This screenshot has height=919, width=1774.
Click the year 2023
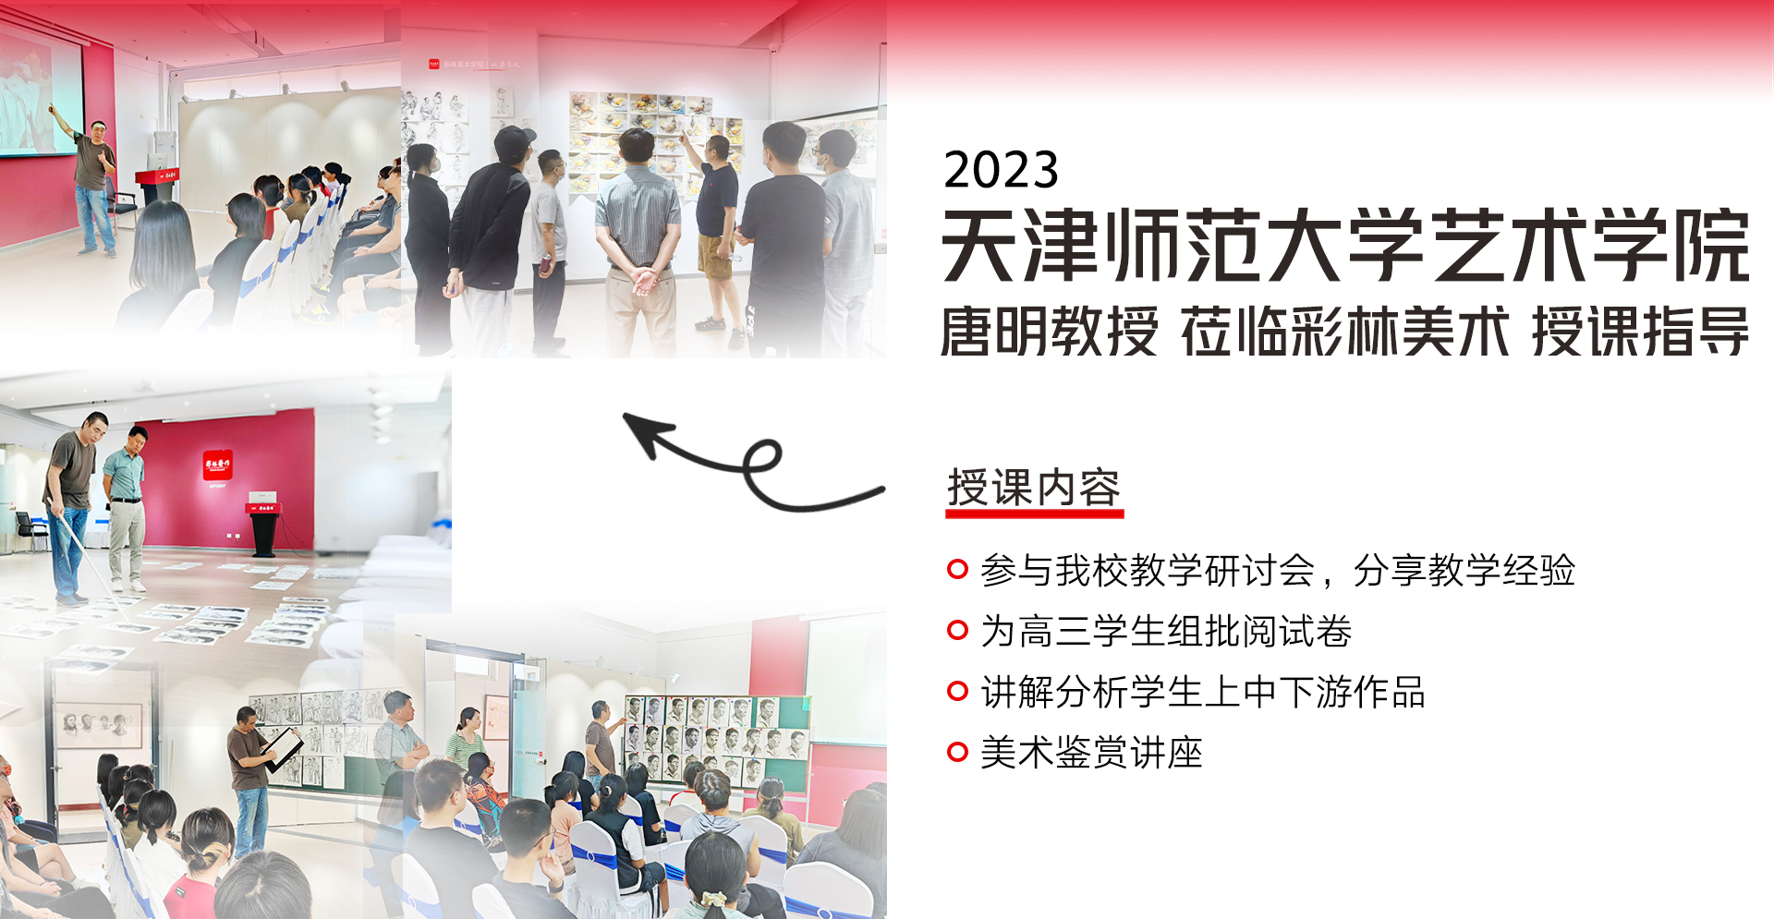tap(1001, 170)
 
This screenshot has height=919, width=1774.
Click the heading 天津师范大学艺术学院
tap(1345, 246)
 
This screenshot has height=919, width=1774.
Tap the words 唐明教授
tap(1049, 332)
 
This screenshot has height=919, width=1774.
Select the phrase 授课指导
tap(1640, 332)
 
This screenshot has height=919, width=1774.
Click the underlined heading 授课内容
tap(1034, 488)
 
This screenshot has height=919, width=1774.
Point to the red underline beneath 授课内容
tap(1035, 514)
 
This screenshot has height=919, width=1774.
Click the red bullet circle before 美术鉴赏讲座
tap(957, 753)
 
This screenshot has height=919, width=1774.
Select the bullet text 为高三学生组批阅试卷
tap(1166, 632)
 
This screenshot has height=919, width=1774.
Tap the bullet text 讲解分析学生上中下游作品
tap(1203, 693)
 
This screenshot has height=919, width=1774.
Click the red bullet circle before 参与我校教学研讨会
tap(957, 570)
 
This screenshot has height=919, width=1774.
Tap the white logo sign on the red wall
tap(218, 466)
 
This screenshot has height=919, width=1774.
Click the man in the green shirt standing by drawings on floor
tap(126, 506)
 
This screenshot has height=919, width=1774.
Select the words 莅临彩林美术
tap(1345, 332)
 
